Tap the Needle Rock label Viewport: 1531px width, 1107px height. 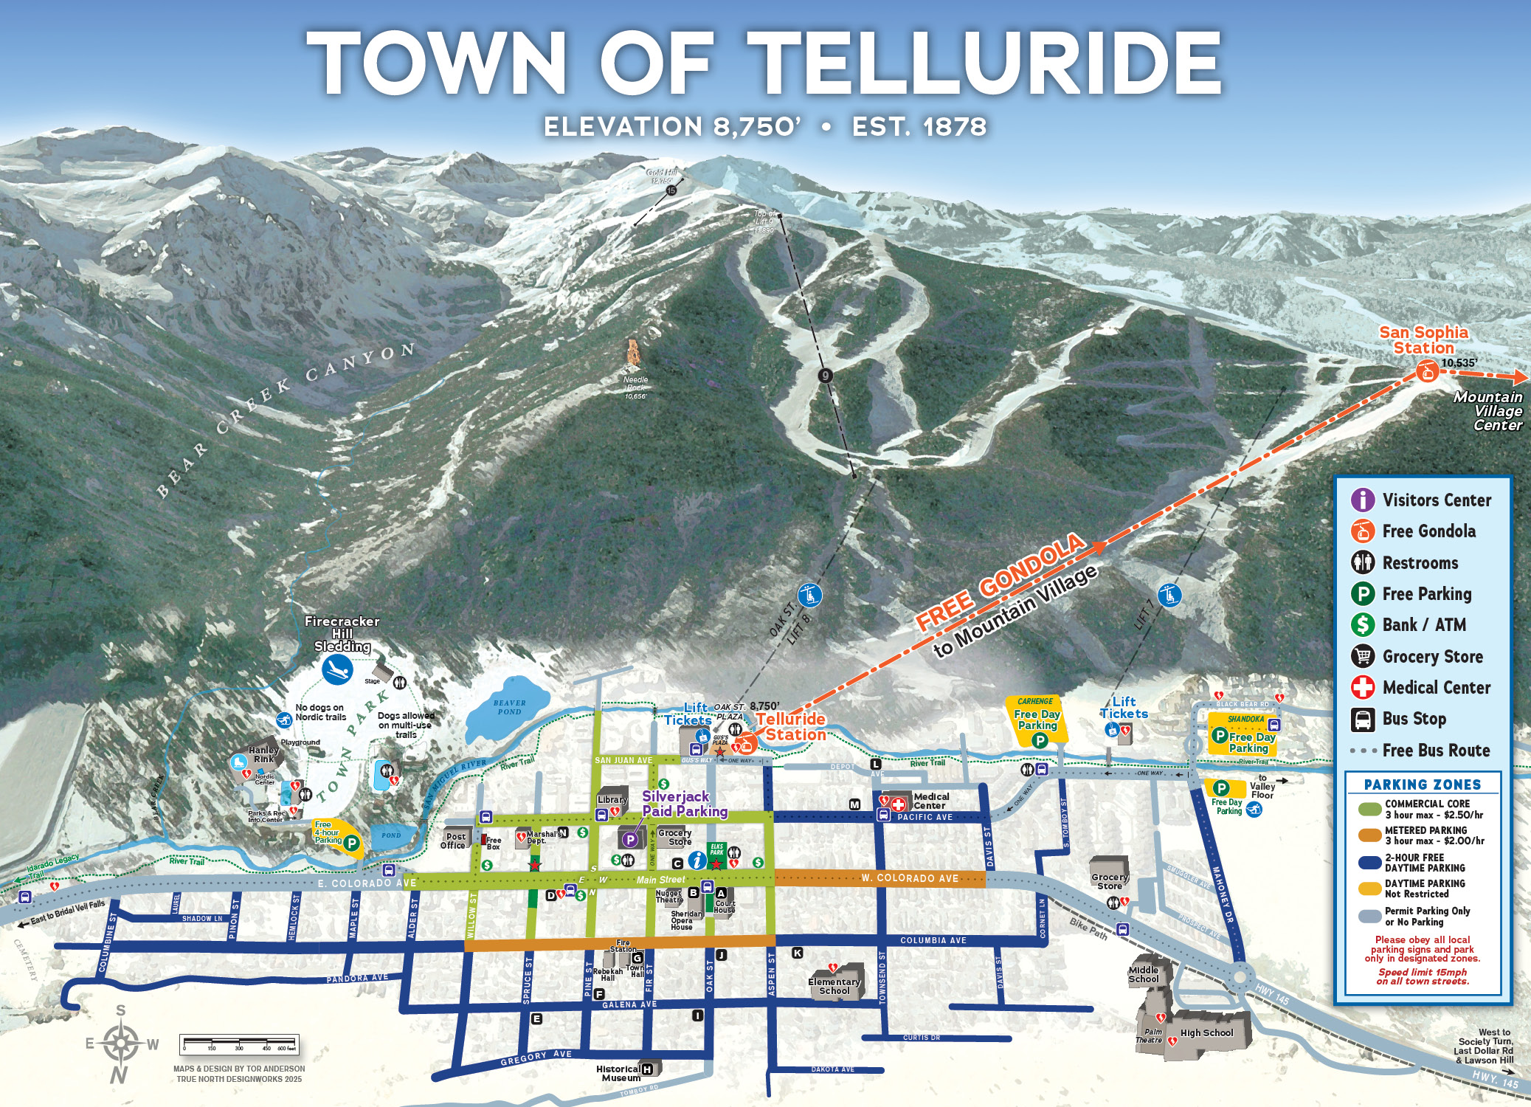point(635,387)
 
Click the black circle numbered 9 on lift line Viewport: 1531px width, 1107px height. point(826,375)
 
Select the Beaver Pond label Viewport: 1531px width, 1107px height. point(509,707)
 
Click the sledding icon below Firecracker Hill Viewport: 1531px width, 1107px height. point(337,670)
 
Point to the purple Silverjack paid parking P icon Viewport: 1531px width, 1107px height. point(630,839)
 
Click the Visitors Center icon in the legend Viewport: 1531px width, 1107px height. point(1362,500)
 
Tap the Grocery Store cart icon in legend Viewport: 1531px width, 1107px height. point(1362,656)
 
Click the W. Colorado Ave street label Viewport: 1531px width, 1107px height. point(910,878)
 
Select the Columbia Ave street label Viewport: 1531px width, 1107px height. point(933,940)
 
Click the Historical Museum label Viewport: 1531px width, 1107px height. point(618,1073)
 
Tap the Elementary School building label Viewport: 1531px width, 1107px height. point(834,986)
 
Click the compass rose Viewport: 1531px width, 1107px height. point(120,1044)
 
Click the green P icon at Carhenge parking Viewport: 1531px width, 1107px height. point(1040,740)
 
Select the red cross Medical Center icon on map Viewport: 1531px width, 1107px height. point(899,805)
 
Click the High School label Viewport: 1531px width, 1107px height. point(1206,1032)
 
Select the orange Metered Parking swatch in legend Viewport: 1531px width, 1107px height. point(1370,835)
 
